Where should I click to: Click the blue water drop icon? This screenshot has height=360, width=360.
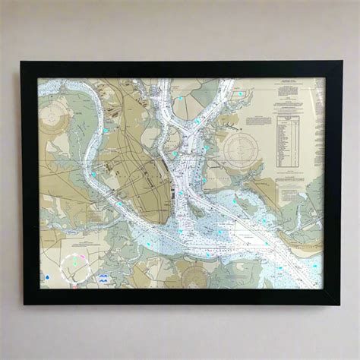[47, 277]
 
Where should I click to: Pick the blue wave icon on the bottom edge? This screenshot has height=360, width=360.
[102, 279]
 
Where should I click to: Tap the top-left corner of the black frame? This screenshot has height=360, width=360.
[22, 62]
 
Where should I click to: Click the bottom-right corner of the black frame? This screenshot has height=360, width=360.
[341, 303]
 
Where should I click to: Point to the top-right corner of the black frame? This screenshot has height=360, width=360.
[341, 62]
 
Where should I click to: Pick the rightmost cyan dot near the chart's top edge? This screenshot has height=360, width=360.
[242, 93]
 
